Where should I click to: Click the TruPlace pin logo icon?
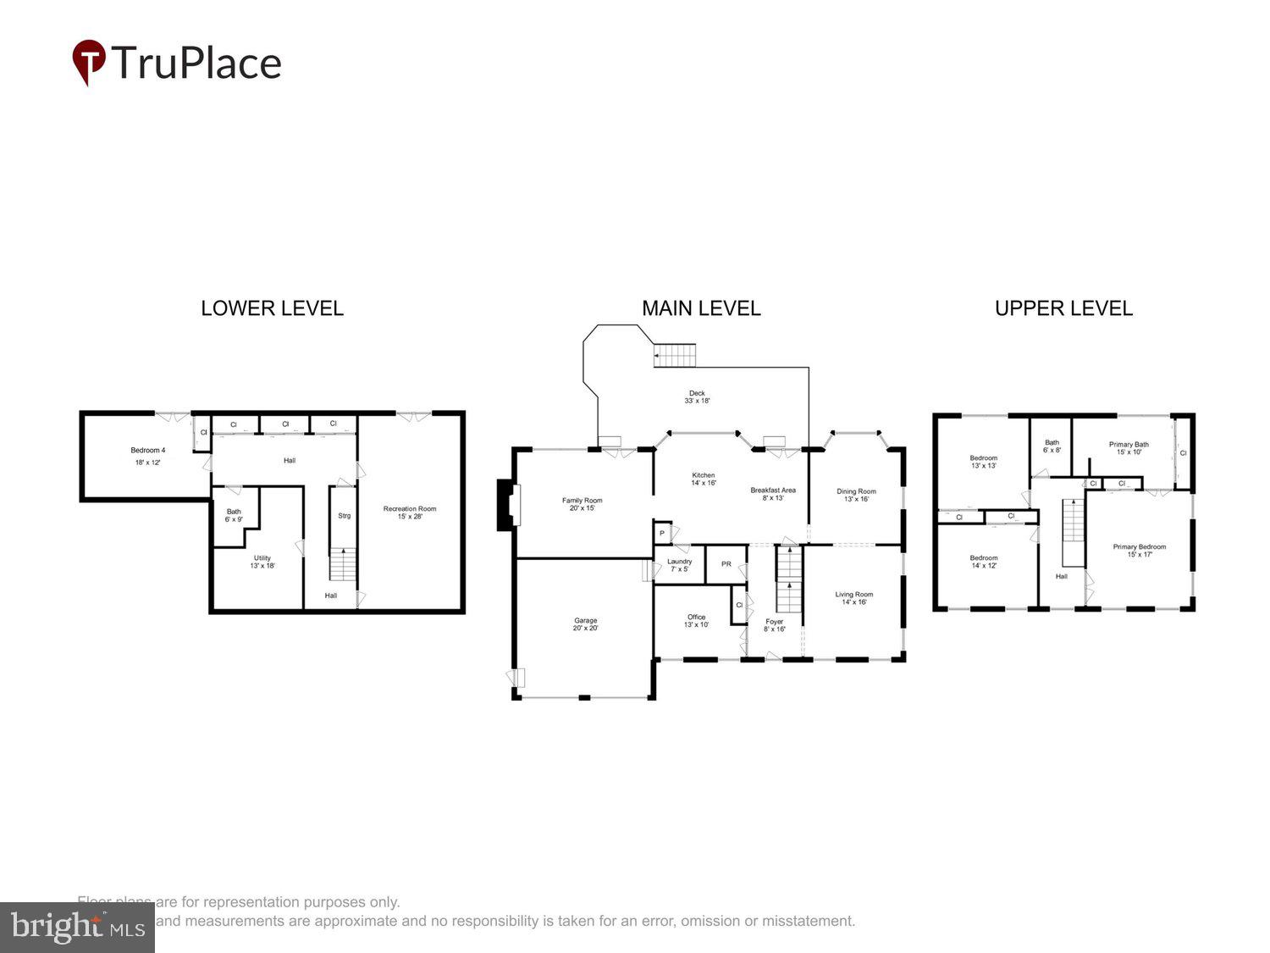pos(89,62)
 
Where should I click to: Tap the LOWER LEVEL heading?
pos(272,308)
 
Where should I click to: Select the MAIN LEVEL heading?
pos(701,308)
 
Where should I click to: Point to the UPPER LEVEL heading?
pos(1063,308)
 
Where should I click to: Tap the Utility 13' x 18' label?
pos(262,562)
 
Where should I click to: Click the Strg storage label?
pos(345,516)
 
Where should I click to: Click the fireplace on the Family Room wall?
pos(506,506)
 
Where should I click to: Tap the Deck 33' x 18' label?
pos(697,396)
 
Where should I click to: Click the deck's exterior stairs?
pos(675,355)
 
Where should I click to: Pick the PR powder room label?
pos(726,564)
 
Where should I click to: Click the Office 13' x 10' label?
pos(696,621)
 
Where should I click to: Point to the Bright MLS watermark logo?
pos(77,928)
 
